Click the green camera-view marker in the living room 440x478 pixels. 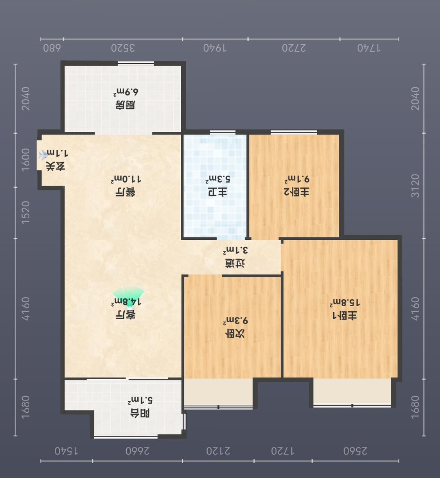[x=128, y=296]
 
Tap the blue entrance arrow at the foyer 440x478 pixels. [x=43, y=155]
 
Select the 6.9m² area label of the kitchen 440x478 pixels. [x=126, y=92]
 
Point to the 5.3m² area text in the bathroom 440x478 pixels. [x=217, y=180]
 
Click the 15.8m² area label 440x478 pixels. [x=345, y=303]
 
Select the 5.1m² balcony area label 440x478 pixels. [x=140, y=400]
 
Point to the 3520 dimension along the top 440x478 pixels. [x=123, y=48]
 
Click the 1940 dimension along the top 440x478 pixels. [x=215, y=48]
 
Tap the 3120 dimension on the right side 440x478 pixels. [x=415, y=186]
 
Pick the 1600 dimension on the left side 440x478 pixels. [x=25, y=160]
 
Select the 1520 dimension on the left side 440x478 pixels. [x=25, y=212]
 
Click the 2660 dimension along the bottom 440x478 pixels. [x=138, y=451]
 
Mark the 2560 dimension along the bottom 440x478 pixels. [x=356, y=451]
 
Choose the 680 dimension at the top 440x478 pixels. [x=52, y=48]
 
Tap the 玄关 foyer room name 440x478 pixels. [x=56, y=167]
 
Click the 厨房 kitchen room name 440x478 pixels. [x=126, y=105]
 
